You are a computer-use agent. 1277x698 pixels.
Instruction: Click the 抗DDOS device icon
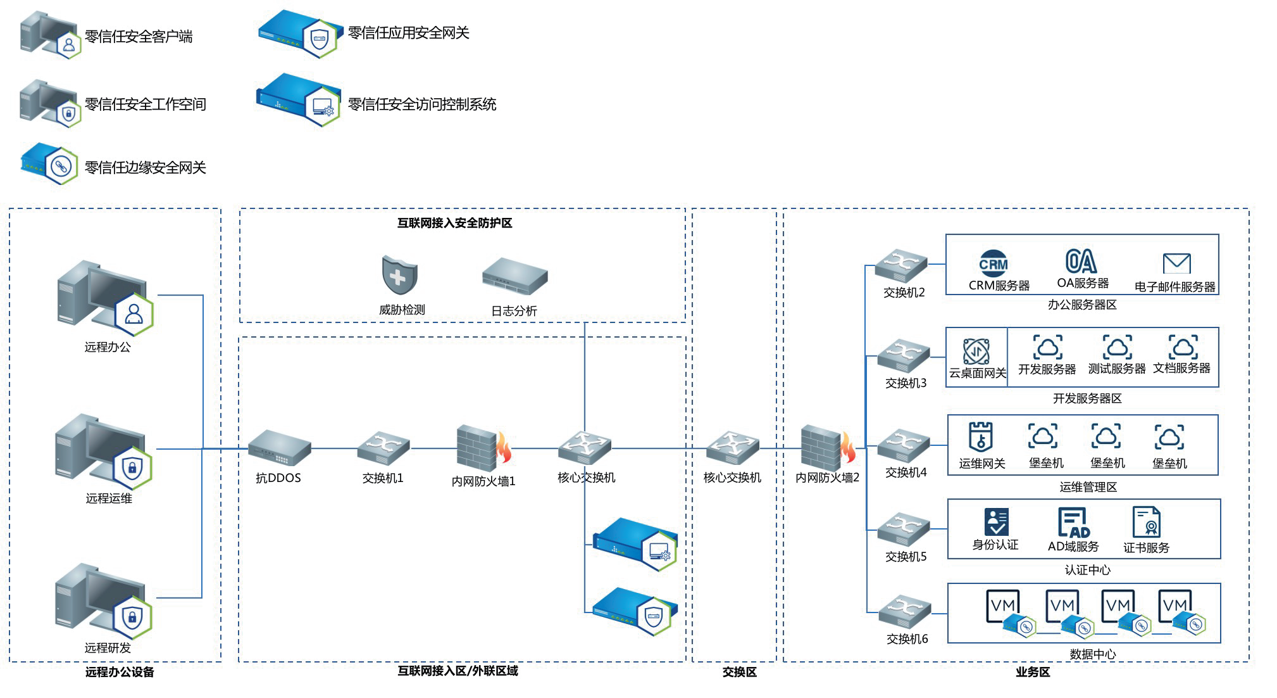pos(279,448)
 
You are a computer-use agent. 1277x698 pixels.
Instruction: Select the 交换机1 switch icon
pos(383,448)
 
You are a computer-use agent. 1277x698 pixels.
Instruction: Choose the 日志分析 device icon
pos(514,277)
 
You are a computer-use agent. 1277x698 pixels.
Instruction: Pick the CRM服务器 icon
pos(994,263)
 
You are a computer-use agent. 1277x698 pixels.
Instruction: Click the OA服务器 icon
pos(1081,261)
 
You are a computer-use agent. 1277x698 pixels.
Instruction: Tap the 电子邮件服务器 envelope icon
pos(1176,263)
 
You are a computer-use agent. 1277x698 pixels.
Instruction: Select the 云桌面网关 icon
pos(976,352)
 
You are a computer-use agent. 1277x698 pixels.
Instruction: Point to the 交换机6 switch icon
pos(904,612)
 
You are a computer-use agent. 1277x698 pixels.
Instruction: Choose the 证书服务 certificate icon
pos(1146,522)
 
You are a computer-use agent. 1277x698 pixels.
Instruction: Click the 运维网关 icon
pos(980,436)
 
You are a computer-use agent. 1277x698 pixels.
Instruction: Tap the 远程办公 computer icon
pos(105,298)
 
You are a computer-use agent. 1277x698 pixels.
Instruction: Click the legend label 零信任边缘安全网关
pos(146,168)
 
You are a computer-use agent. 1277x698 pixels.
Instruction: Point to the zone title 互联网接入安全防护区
pos(454,223)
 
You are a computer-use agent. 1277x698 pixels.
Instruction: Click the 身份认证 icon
pos(996,522)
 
